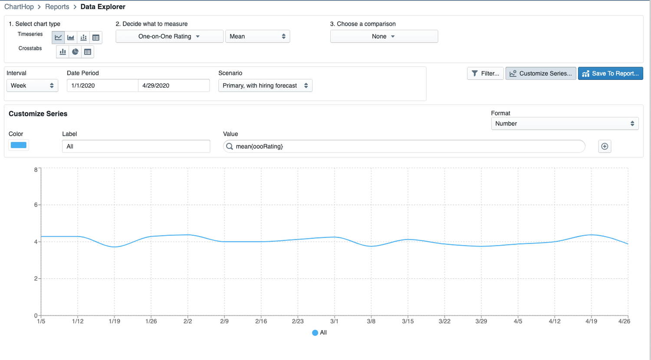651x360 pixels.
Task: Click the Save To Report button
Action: click(610, 73)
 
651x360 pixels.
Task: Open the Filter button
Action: click(485, 73)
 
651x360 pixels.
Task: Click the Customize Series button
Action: click(541, 73)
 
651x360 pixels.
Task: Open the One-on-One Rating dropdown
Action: click(169, 36)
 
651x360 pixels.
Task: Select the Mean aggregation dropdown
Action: click(257, 36)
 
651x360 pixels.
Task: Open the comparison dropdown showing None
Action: click(384, 36)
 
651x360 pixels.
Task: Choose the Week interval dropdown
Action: click(32, 85)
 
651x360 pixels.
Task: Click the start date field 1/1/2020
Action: click(102, 85)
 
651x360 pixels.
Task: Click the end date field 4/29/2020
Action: click(174, 85)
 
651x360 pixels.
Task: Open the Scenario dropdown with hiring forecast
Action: click(265, 85)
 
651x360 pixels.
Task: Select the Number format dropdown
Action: click(564, 124)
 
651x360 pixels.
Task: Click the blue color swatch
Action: click(19, 145)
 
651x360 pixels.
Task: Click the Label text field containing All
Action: click(136, 147)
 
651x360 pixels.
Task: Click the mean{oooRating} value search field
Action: click(404, 147)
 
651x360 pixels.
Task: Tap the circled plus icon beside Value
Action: click(605, 147)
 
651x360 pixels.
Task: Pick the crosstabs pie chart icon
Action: click(75, 52)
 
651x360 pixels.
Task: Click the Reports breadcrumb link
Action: click(57, 7)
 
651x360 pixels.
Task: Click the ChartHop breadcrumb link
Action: click(19, 7)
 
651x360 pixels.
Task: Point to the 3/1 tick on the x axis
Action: click(334, 321)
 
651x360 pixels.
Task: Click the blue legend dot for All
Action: click(315, 333)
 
